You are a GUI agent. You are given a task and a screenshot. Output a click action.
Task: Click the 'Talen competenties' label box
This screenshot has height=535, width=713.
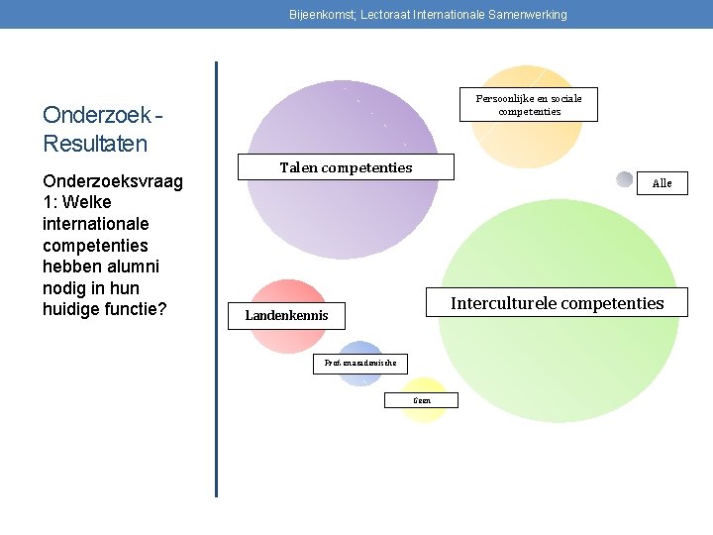(346, 167)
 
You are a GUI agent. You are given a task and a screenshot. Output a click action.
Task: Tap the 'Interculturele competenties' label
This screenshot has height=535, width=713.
(557, 303)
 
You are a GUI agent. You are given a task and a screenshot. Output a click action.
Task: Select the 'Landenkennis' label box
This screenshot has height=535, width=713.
(286, 316)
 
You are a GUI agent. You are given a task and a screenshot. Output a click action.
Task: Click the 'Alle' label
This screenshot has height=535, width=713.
(662, 183)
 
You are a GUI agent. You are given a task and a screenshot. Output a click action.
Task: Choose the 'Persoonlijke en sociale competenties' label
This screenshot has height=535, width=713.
(529, 104)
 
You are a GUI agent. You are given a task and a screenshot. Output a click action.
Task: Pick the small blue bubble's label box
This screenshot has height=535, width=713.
(360, 364)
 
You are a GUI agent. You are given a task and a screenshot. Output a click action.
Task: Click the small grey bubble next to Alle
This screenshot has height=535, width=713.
(624, 179)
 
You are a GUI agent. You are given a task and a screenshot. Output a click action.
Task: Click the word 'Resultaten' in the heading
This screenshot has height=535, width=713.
(94, 144)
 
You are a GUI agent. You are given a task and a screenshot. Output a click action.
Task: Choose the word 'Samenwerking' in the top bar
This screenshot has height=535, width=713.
(530, 15)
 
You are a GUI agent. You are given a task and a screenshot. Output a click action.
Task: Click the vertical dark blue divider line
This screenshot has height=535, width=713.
(216, 277)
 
